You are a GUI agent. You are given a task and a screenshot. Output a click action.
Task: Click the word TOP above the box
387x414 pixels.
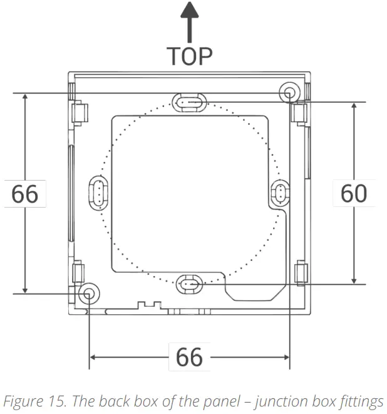[188, 56]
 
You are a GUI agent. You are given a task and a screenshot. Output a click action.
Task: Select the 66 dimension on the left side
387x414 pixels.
[25, 194]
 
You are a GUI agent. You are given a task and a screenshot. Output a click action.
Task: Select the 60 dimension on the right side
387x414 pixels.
[354, 193]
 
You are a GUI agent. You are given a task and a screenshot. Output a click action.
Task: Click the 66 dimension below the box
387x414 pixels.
[188, 358]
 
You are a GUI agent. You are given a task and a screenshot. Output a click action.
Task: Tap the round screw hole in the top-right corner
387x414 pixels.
[289, 93]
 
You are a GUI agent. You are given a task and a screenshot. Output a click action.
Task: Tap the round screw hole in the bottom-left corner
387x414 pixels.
[88, 292]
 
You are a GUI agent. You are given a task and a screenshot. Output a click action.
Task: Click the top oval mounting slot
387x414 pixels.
[188, 102]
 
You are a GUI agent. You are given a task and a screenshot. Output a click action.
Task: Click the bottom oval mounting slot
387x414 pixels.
[188, 285]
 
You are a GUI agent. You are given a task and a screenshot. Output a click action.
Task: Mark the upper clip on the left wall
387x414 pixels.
[78, 113]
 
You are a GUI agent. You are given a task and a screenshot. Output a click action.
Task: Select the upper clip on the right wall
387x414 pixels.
[299, 113]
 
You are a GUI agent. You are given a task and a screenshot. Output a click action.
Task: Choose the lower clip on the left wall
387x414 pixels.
[78, 272]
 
